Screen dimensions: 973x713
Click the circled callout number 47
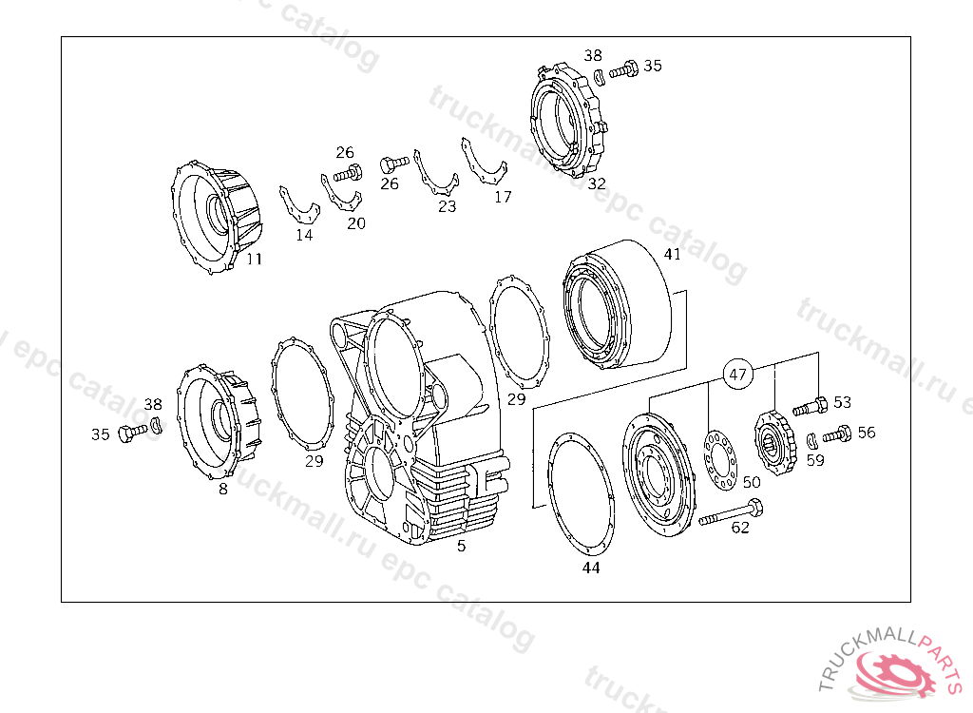(x=737, y=375)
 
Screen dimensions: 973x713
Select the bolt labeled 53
(x=810, y=408)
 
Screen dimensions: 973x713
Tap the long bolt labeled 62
(x=731, y=513)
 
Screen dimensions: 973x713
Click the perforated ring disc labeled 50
(x=718, y=459)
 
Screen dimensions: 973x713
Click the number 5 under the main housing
(x=461, y=546)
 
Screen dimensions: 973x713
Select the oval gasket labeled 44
(x=582, y=494)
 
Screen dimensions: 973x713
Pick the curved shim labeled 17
(x=483, y=164)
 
